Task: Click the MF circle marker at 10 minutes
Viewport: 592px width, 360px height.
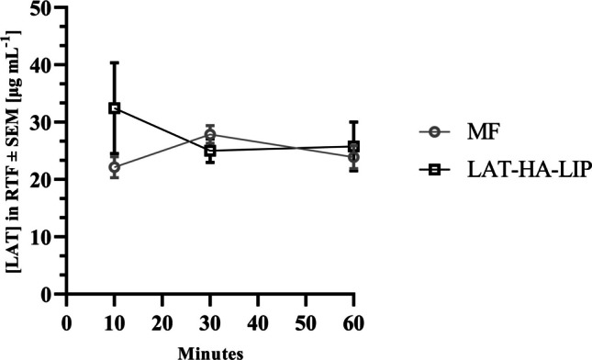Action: coord(115,167)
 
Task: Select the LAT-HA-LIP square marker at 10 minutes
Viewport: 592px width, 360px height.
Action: coord(115,108)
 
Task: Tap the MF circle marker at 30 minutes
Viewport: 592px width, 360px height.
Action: coord(210,134)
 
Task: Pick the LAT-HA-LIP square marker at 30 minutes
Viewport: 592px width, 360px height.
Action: coord(210,151)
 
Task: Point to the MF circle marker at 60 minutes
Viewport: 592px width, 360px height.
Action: coord(354,157)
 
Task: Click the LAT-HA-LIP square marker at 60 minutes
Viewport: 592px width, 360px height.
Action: coord(354,146)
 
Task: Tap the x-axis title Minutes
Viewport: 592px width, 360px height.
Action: coord(210,349)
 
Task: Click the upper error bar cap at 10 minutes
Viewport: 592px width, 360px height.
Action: coord(115,62)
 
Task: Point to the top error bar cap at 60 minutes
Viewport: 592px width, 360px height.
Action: coord(354,121)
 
